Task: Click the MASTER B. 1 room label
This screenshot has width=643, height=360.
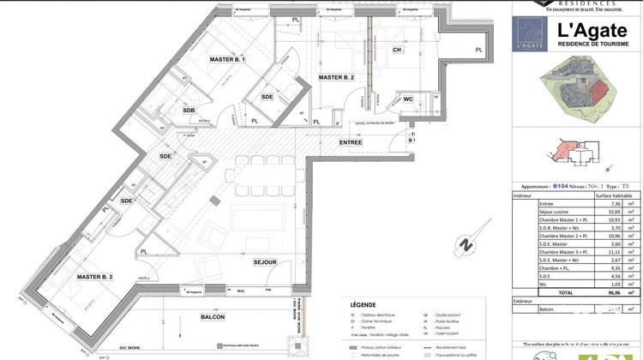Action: tap(227, 60)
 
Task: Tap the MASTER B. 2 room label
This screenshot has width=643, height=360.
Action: tap(336, 77)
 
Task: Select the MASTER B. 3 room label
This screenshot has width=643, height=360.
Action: tap(94, 277)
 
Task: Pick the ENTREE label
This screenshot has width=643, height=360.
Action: tap(350, 142)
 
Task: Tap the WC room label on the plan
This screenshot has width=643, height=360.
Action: tap(408, 99)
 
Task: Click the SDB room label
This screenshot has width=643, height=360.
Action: tap(189, 111)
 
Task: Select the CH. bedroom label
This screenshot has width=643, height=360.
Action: tap(398, 51)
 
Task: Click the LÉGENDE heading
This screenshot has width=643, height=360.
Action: tap(363, 304)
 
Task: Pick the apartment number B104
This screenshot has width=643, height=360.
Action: tap(561, 186)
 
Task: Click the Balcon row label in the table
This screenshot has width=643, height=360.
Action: tap(524, 309)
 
